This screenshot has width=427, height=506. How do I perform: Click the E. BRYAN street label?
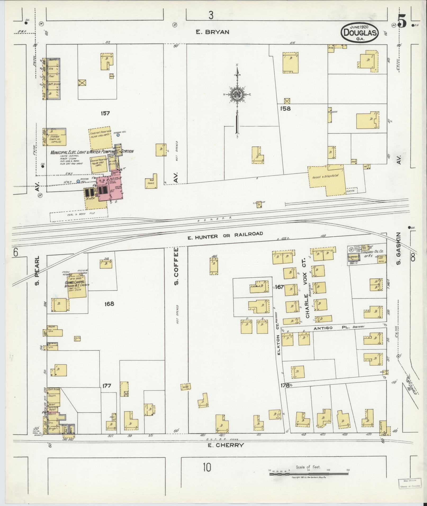click(212, 32)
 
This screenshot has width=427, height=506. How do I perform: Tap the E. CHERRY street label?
click(226, 445)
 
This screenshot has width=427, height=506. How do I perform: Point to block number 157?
click(105, 113)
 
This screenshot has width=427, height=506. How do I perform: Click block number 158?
click(286, 108)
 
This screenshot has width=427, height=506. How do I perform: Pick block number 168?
click(109, 304)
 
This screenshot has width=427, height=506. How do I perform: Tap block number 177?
click(107, 386)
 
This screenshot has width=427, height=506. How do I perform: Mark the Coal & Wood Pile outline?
click(79, 213)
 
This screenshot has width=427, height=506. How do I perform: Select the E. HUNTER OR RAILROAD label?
click(225, 235)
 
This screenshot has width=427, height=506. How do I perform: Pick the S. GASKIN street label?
click(399, 249)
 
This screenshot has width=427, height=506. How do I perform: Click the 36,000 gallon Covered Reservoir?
click(100, 138)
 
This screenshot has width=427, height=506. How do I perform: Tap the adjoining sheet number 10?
click(207, 468)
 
